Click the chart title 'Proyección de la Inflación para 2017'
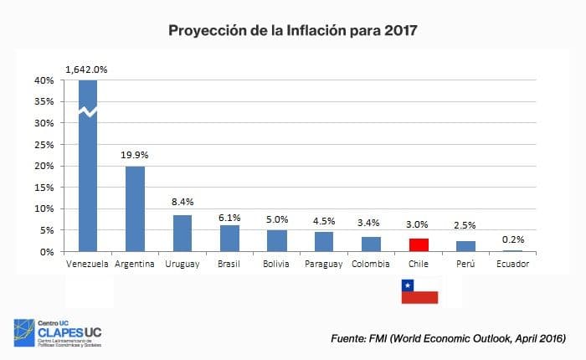[x=292, y=31]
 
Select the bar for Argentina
[x=136, y=208]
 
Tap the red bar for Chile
[x=419, y=244]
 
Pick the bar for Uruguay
[x=182, y=233]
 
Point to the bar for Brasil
[x=229, y=238]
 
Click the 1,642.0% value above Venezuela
[x=87, y=68]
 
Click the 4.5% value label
[x=324, y=221]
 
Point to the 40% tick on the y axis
[x=44, y=80]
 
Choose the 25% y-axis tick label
[x=44, y=145]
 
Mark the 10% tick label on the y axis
[x=44, y=208]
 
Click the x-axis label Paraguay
[x=324, y=265]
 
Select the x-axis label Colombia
[x=371, y=265]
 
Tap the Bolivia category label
[x=277, y=265]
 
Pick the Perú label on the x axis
[x=465, y=265]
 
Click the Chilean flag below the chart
[x=419, y=291]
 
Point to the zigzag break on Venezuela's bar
[x=88, y=111]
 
